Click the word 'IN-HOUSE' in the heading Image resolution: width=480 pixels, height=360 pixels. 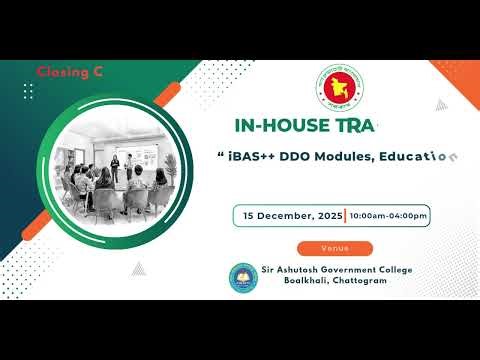[x=273, y=126]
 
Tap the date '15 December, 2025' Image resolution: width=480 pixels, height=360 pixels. [x=290, y=215]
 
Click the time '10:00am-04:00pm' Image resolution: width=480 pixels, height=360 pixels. [x=389, y=215]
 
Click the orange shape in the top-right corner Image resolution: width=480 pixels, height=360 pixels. [x=461, y=74]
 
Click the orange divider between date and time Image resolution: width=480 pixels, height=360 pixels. [x=345, y=215]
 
